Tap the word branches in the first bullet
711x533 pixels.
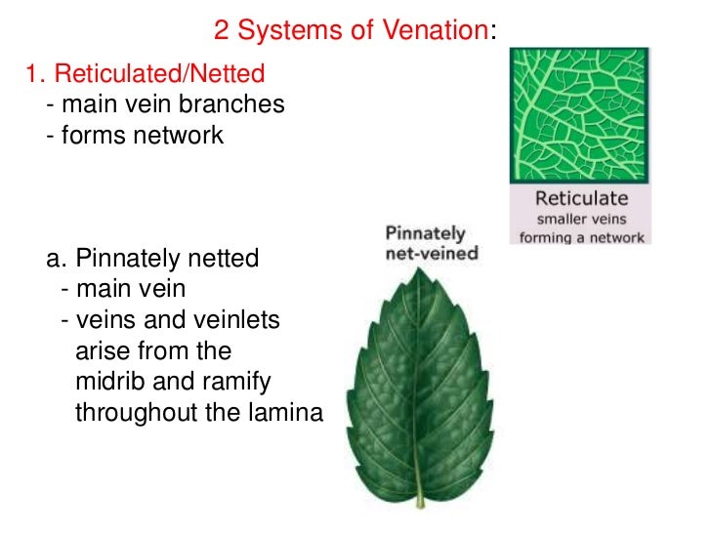pyautogui.click(x=244, y=103)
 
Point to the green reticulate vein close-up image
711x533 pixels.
pyautogui.click(x=579, y=115)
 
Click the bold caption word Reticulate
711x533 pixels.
pyautogui.click(x=580, y=197)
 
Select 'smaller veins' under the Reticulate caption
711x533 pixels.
pyautogui.click(x=580, y=218)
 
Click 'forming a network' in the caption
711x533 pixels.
pyautogui.click(x=580, y=237)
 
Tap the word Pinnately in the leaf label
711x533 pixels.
pyautogui.click(x=426, y=234)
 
